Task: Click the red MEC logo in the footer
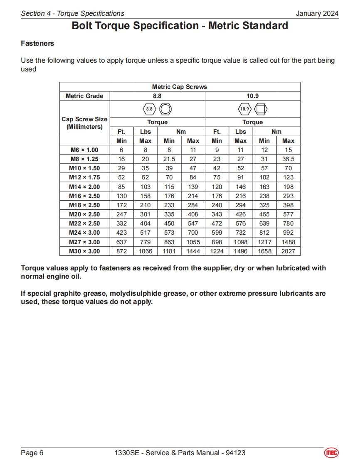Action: coord(331,453)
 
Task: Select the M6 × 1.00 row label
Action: coord(84,150)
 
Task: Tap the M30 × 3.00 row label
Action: coord(84,251)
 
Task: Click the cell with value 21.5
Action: coord(169,159)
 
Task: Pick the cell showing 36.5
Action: coord(288,159)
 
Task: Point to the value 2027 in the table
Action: coord(288,251)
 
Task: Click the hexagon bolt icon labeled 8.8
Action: coord(149,109)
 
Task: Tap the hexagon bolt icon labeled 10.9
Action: coord(244,109)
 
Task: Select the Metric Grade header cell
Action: coord(84,96)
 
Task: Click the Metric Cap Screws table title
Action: coord(180,87)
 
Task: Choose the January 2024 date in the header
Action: coord(317,13)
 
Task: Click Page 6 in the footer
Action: coord(32,453)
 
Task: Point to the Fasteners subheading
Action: coord(37,43)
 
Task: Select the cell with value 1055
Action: coord(193,242)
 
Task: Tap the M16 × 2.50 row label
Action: coord(84,196)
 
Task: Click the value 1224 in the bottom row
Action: coord(217,251)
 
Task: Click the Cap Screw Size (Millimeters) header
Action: coord(84,123)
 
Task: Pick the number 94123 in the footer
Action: coord(235,453)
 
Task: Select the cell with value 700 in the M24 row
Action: coord(193,233)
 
